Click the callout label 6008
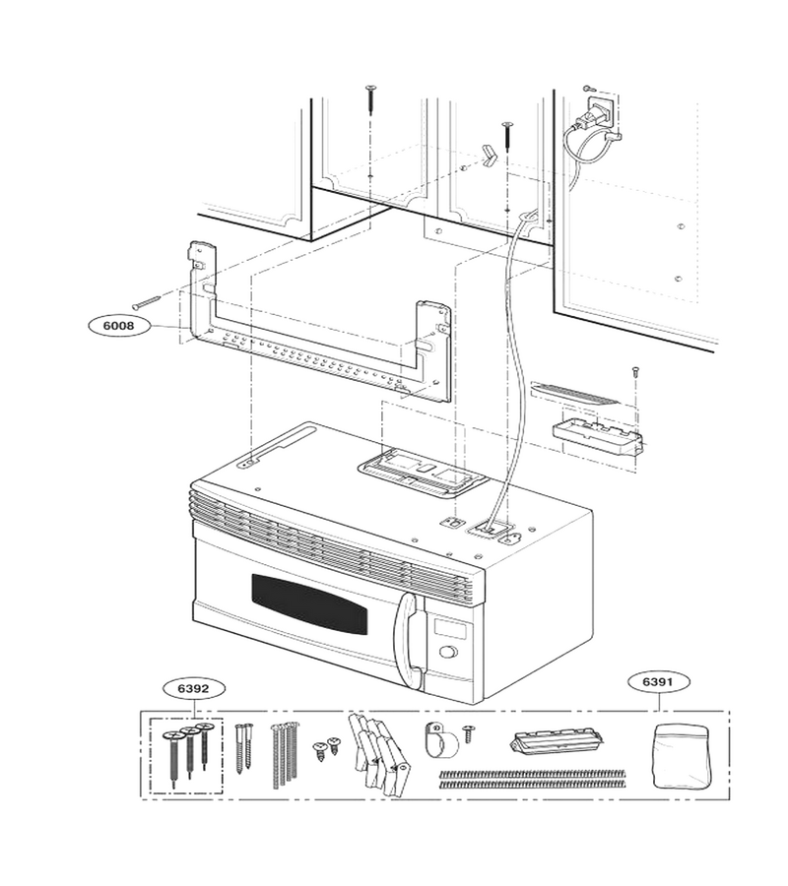[x=120, y=326]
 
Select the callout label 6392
[x=193, y=689]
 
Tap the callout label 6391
[x=659, y=682]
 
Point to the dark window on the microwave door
[x=309, y=605]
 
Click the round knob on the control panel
[x=448, y=653]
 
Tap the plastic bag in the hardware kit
[x=682, y=757]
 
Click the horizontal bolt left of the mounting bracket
[x=146, y=302]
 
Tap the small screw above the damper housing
[x=635, y=372]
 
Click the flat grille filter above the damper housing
[x=575, y=392]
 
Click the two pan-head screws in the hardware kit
[x=326, y=747]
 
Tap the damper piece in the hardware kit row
[x=558, y=744]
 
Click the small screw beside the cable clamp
[x=468, y=734]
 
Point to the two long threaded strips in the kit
[x=532, y=778]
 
